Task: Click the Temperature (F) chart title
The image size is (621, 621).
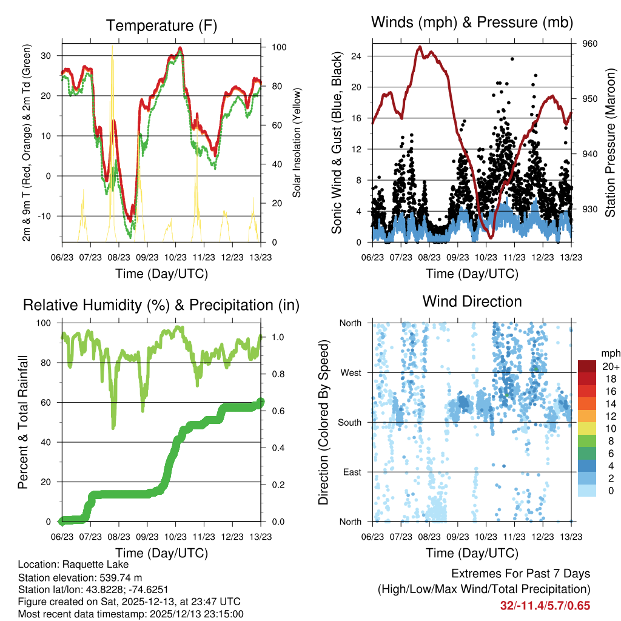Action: (161, 25)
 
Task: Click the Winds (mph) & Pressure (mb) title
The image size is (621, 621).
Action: (472, 22)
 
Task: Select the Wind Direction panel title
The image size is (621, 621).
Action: (472, 301)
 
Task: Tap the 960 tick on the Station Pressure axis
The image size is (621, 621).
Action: (591, 44)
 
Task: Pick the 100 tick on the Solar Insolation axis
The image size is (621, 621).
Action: (279, 47)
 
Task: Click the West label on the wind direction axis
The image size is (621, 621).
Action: (351, 372)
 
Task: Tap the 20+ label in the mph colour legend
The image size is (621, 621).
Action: (609, 366)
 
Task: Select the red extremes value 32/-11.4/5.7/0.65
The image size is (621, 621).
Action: (545, 606)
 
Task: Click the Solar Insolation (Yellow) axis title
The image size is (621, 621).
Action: (297, 144)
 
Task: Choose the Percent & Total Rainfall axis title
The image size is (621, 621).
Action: (22, 423)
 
